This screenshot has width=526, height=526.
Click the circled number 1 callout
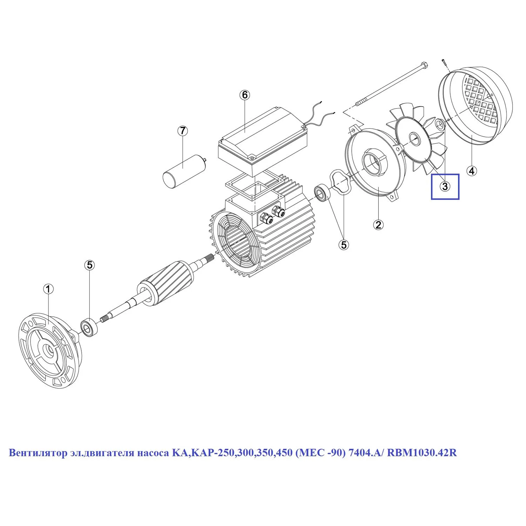tap(48, 289)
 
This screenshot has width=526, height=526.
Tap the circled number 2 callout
tap(378, 225)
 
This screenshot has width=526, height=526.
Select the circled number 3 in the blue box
tap(445, 187)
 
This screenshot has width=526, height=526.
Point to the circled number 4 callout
tap(472, 171)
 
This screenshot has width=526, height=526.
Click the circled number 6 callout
tap(245, 95)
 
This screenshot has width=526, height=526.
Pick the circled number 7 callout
tap(182, 131)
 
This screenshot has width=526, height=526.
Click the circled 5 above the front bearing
tap(90, 265)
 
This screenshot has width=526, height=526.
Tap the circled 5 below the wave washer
tap(344, 245)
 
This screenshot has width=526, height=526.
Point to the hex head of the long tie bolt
tap(423, 65)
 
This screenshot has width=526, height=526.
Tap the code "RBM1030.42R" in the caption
tap(422, 453)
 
